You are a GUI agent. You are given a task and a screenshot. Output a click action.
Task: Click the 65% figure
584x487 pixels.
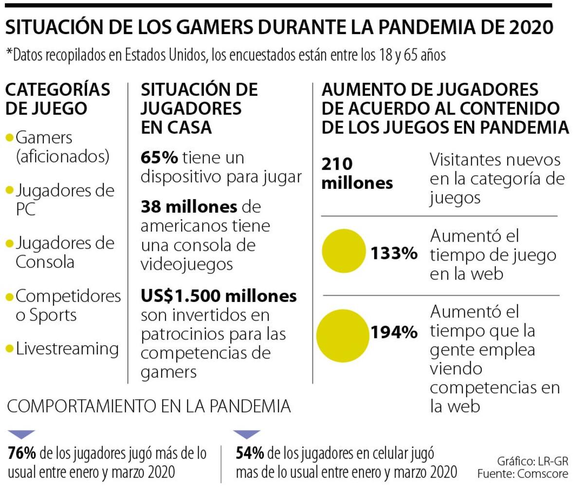click(x=159, y=158)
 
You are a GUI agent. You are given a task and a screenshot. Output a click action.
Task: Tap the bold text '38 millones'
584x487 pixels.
click(x=189, y=207)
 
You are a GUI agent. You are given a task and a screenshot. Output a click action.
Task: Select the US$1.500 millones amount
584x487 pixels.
click(x=219, y=296)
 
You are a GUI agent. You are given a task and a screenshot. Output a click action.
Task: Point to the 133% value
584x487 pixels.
click(x=394, y=253)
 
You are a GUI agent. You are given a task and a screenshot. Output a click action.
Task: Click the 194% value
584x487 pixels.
click(x=394, y=332)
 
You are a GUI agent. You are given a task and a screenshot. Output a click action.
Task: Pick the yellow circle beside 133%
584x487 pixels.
click(x=344, y=251)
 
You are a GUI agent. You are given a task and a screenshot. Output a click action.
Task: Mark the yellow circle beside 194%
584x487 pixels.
click(x=343, y=336)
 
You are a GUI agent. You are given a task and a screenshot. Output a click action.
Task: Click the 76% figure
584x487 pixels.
click(x=22, y=453)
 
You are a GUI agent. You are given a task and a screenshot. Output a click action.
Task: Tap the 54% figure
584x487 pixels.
click(x=250, y=453)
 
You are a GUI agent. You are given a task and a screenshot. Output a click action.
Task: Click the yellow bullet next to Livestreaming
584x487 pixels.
click(x=10, y=349)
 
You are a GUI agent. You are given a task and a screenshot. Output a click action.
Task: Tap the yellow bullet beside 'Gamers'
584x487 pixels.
click(x=10, y=137)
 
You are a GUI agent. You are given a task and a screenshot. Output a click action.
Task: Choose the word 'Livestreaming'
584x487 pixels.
click(x=67, y=349)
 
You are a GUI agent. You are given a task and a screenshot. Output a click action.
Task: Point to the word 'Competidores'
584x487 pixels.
click(x=68, y=296)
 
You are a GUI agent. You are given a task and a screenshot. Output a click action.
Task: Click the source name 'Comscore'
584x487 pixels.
click(x=543, y=474)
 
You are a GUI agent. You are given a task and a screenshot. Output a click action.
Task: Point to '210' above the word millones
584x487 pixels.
click(x=337, y=164)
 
